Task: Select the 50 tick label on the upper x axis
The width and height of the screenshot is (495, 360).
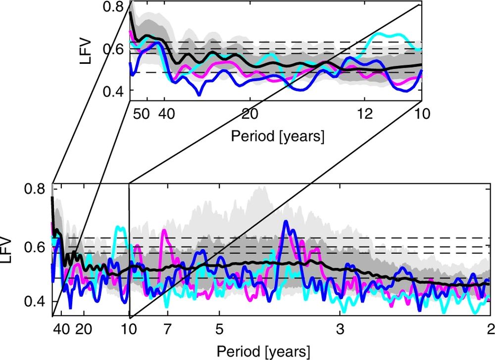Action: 142,114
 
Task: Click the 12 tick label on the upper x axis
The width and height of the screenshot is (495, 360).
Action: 364,114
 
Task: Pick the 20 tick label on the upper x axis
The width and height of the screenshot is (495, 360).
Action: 250,114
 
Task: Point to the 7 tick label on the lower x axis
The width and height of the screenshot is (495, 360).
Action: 167,329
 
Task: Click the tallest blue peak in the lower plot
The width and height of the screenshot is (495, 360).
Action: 285,221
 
